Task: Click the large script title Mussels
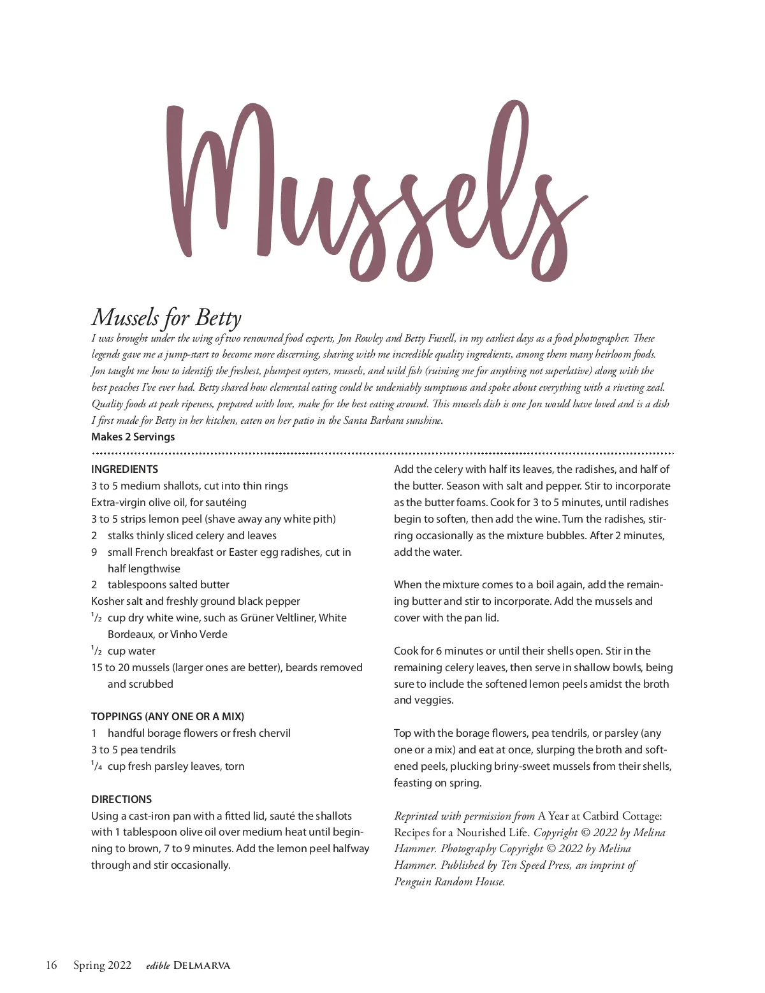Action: pyautogui.click(x=376, y=191)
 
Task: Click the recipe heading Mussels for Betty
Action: pyautogui.click(x=166, y=317)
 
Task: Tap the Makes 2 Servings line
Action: pyautogui.click(x=133, y=437)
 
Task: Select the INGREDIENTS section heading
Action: pyautogui.click(x=124, y=470)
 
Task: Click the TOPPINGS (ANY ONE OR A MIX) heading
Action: pyautogui.click(x=167, y=717)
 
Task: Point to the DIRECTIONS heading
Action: pyautogui.click(x=121, y=800)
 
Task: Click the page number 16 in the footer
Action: pyautogui.click(x=51, y=966)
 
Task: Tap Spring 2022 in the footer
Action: pyautogui.click(x=102, y=966)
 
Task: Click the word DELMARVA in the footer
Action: pyautogui.click(x=201, y=966)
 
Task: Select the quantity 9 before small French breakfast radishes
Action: pyautogui.click(x=94, y=553)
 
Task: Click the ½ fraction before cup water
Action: pyautogui.click(x=96, y=651)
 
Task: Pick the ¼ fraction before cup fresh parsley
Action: pyautogui.click(x=96, y=767)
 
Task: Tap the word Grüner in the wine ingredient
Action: pyautogui.click(x=257, y=618)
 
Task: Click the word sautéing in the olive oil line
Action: pyautogui.click(x=226, y=503)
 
